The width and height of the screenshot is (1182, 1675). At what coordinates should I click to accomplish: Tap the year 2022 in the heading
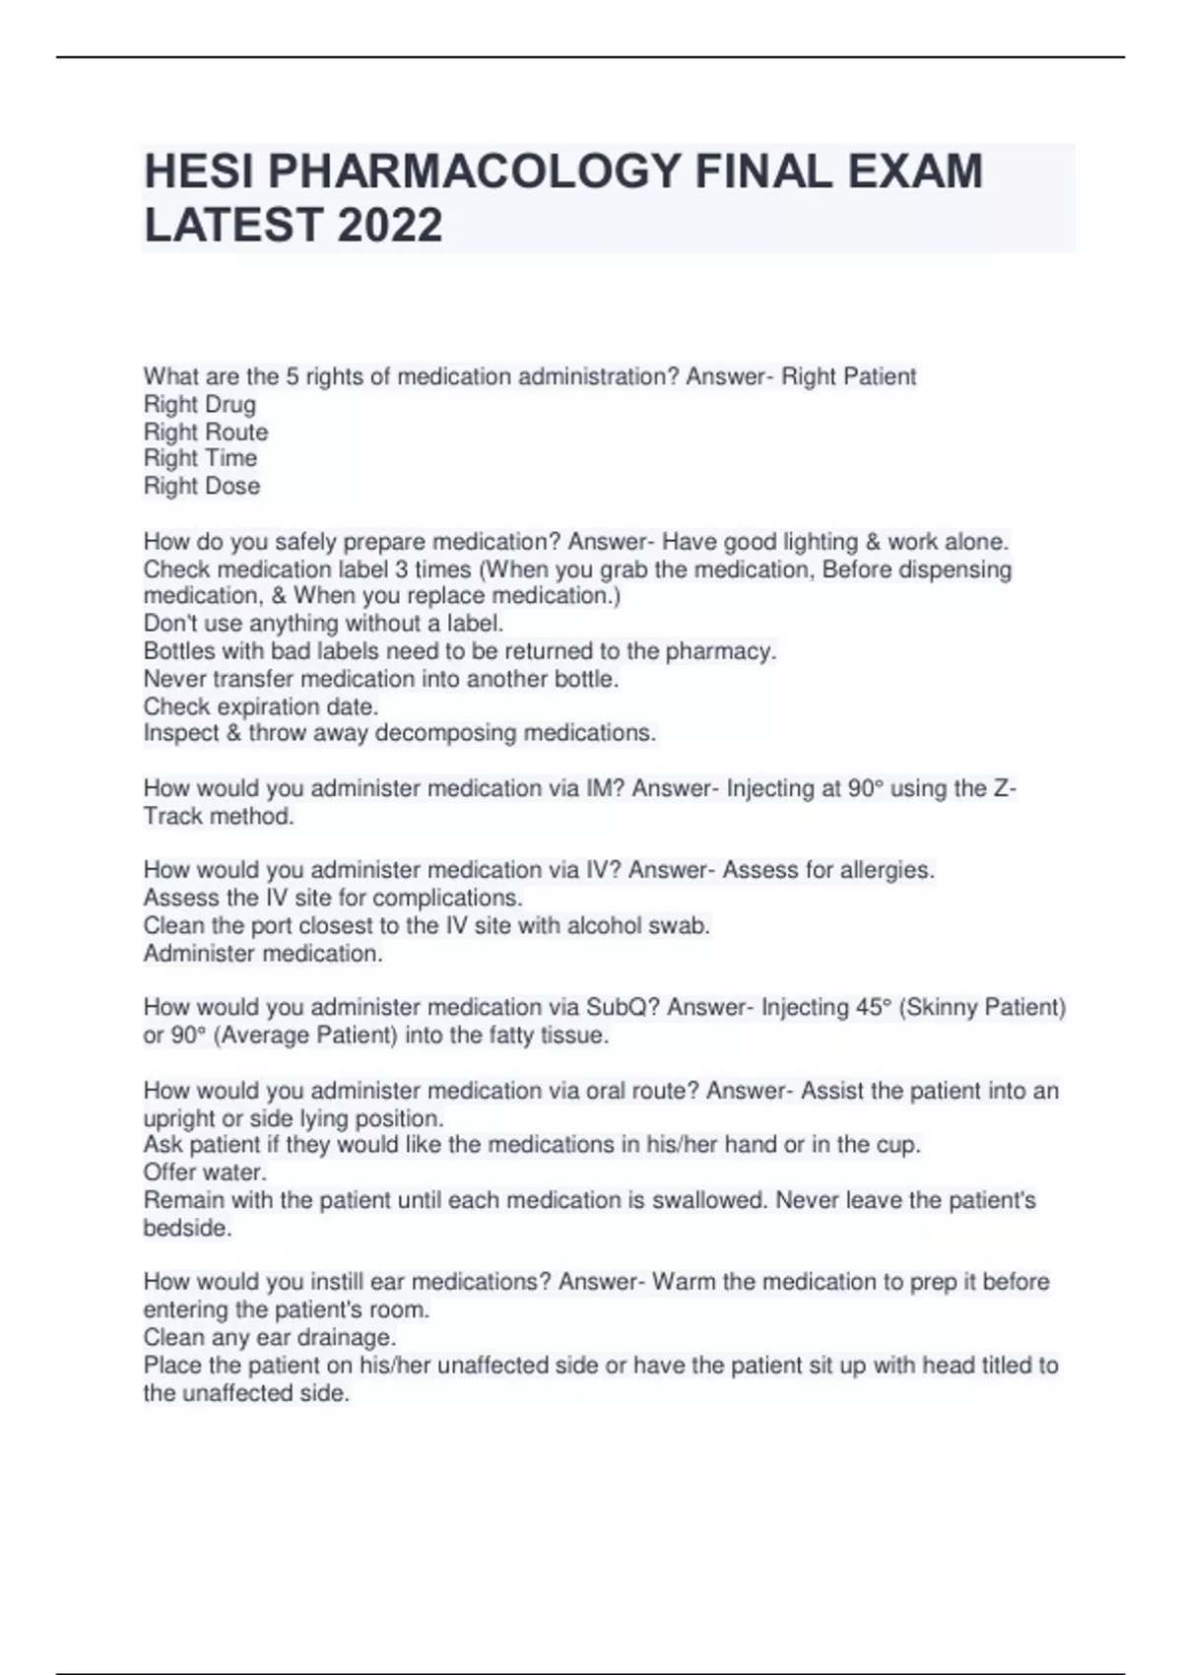391,226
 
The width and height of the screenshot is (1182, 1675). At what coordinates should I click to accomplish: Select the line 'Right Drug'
200,404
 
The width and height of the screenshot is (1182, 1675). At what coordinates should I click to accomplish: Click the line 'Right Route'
206,432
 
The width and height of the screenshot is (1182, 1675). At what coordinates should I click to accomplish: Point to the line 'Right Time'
200,458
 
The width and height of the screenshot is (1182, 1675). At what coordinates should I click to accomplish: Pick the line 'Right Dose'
202,486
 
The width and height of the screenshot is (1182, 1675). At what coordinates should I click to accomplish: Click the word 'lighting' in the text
821,542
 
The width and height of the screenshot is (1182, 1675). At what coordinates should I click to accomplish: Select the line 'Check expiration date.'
261,706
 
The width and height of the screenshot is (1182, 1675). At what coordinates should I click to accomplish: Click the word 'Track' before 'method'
172,816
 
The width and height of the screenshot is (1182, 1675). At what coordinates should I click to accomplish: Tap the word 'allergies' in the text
886,870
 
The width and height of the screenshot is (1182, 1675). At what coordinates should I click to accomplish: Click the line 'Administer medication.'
263,954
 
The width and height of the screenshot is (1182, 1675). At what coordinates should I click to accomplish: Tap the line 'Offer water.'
205,1172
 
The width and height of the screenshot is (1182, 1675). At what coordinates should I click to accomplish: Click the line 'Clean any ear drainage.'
270,1337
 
